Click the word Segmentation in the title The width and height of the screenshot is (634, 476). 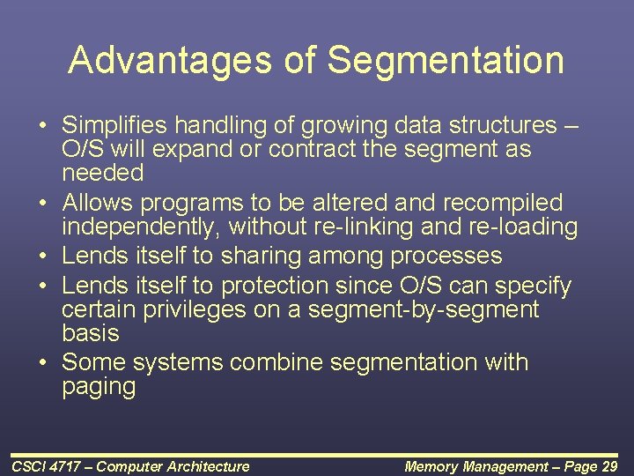point(445,61)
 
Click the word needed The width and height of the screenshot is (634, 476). point(102,172)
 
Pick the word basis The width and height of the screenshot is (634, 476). point(90,333)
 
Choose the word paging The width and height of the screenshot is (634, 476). point(99,387)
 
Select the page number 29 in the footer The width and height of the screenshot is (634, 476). point(608,466)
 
